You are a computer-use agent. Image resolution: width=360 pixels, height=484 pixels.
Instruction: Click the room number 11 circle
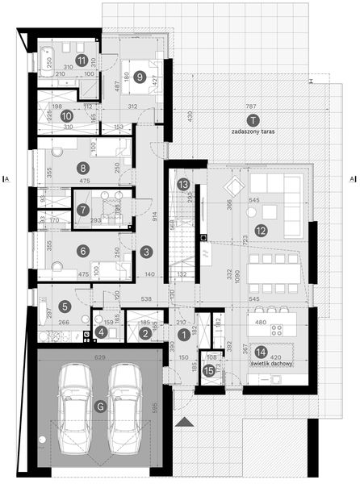point(82,60)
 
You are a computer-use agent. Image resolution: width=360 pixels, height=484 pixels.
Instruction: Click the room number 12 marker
point(261,230)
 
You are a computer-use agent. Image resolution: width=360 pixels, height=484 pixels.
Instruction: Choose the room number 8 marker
point(82,168)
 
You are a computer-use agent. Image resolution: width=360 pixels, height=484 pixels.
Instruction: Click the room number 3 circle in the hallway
point(145,252)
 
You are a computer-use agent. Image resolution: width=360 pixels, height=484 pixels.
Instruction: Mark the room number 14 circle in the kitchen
point(260,351)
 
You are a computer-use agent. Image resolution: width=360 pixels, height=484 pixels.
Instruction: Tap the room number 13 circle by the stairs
point(183,184)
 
